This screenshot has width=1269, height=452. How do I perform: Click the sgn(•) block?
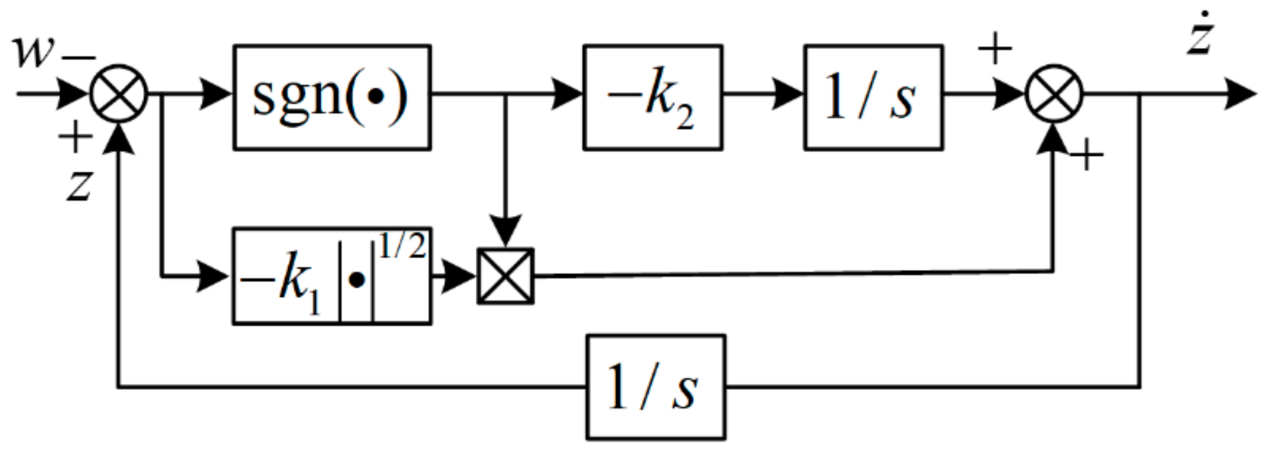(x=332, y=97)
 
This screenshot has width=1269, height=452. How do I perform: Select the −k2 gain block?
(x=653, y=97)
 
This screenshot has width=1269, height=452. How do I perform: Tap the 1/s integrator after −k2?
(x=874, y=97)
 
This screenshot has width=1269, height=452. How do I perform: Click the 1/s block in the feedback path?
(x=656, y=387)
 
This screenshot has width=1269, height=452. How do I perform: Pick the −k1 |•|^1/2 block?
(x=332, y=276)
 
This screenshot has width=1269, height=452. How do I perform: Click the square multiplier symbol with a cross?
(x=506, y=276)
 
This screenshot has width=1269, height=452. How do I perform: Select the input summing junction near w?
(x=119, y=94)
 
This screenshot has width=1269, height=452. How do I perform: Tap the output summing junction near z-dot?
(x=1054, y=94)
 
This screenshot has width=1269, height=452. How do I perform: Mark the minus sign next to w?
(x=79, y=57)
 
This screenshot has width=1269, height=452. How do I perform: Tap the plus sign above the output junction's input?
(x=995, y=48)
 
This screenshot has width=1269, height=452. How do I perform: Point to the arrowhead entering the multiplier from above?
(x=506, y=233)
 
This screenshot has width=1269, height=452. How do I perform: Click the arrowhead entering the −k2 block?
(x=567, y=94)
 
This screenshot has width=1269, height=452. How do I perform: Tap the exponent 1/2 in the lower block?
(x=402, y=246)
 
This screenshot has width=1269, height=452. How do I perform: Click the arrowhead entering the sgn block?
(x=216, y=94)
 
